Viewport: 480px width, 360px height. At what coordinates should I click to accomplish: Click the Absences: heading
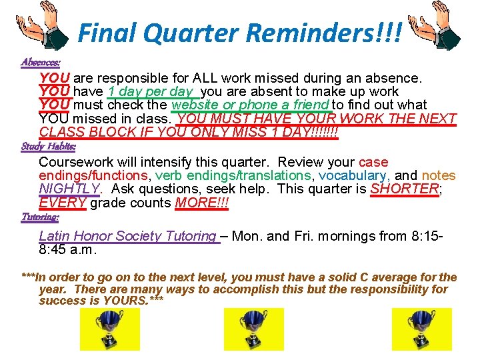pyautogui.click(x=41, y=62)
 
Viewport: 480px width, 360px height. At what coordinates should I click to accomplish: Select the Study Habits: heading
pyautogui.click(x=48, y=146)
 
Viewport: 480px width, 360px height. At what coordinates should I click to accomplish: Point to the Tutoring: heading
pyautogui.click(x=40, y=217)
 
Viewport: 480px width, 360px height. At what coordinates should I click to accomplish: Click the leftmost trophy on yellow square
pyautogui.click(x=110, y=329)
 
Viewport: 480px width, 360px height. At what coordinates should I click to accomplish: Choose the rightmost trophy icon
pyautogui.click(x=421, y=329)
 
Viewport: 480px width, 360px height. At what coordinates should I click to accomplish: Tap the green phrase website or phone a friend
pyautogui.click(x=250, y=105)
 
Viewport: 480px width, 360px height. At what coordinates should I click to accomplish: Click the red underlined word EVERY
pyautogui.click(x=63, y=203)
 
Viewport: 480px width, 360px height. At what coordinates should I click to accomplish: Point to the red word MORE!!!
pyautogui.click(x=201, y=203)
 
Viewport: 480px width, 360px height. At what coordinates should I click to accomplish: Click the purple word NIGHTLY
pyautogui.click(x=69, y=189)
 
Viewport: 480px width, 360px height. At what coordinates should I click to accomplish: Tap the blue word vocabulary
pyautogui.click(x=353, y=176)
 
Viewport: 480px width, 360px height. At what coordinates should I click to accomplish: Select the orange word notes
pyautogui.click(x=438, y=176)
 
